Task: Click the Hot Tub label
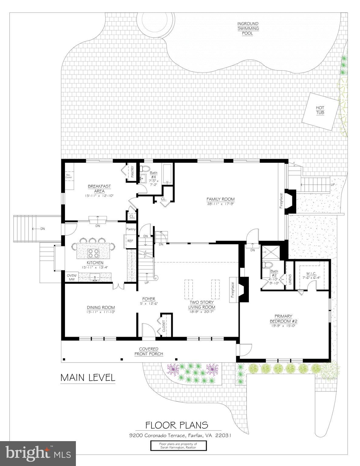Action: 320,110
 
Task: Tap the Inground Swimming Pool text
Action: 248,29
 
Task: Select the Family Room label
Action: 221,199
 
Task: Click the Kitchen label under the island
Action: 95,263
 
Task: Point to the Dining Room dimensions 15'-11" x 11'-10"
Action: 101,312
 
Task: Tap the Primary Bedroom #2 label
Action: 283,319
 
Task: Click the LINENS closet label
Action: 290,279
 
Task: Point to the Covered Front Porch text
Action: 149,351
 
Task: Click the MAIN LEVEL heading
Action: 88,378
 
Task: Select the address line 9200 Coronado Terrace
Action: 180,436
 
